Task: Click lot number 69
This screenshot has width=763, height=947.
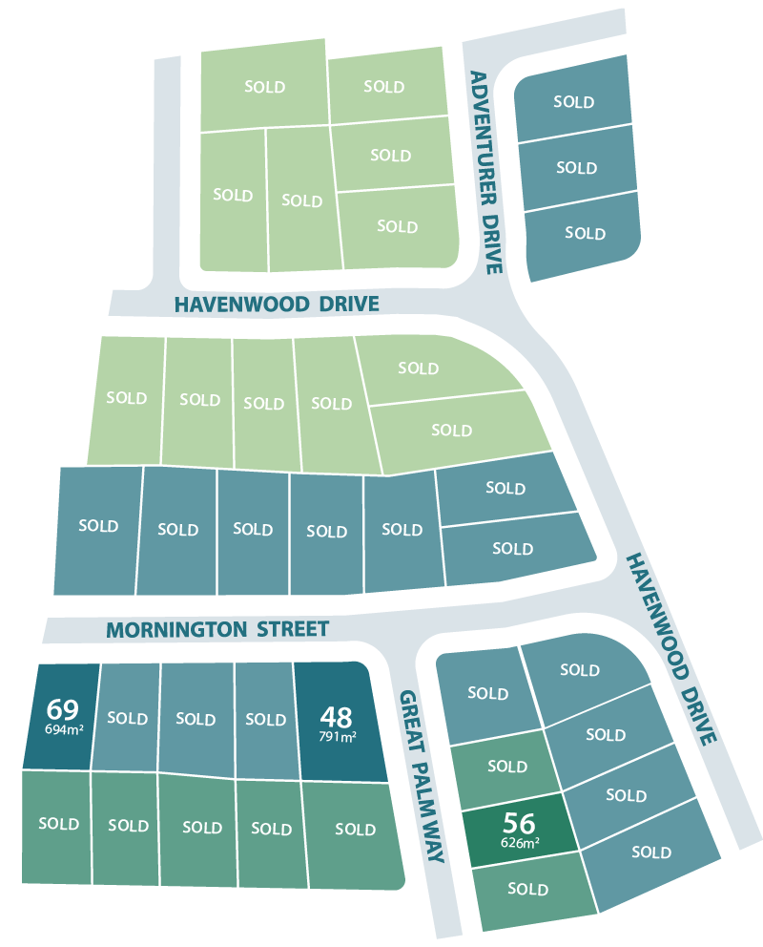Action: pos(61,709)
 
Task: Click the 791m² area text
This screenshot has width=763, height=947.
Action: pos(338,736)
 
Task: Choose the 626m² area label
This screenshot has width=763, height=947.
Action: pos(520,843)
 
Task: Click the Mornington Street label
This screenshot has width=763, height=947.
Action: pos(217,630)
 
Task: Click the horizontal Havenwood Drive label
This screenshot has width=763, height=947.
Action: pos(277,305)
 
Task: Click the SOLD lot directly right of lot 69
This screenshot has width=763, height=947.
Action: pos(127,718)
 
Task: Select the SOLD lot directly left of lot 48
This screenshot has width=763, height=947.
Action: pos(265,719)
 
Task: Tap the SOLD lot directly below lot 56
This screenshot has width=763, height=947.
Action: pos(527,890)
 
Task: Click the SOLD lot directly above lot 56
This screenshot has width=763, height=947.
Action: pos(506,767)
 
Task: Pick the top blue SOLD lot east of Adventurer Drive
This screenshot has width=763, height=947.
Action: pos(573,102)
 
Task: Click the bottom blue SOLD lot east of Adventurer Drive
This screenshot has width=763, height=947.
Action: pos(585,233)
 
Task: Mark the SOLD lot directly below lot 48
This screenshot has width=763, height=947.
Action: pos(355,830)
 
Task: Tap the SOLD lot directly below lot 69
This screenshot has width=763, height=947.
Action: pos(58,824)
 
